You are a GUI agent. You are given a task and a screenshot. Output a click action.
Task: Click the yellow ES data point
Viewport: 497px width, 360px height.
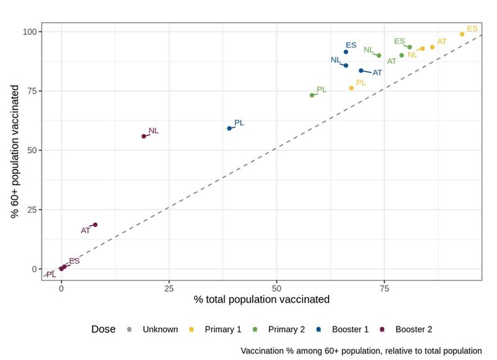(462, 34)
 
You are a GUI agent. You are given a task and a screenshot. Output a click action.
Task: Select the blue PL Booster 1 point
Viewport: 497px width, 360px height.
(229, 128)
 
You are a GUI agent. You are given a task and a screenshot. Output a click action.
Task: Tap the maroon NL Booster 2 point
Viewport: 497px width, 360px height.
(144, 136)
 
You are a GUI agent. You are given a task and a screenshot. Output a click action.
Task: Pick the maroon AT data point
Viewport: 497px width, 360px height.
(95, 225)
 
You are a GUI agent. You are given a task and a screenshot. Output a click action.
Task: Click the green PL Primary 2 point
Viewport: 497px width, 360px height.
(312, 95)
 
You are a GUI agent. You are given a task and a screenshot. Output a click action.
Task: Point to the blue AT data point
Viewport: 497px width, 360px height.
(361, 70)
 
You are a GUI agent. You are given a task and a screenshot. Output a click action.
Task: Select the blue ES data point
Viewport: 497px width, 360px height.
(346, 52)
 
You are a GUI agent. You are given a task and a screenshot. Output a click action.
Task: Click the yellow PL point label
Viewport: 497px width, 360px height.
(361, 83)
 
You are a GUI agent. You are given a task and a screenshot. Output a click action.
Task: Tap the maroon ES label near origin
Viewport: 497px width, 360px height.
(74, 261)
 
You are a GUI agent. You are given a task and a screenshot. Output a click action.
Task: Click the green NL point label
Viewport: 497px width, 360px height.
(368, 50)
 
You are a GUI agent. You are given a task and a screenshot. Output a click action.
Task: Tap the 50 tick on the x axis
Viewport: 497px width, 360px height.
(277, 287)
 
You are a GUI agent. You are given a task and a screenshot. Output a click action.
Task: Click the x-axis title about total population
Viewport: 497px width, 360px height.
(261, 299)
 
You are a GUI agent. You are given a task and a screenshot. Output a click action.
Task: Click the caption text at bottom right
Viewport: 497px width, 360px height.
(361, 351)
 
